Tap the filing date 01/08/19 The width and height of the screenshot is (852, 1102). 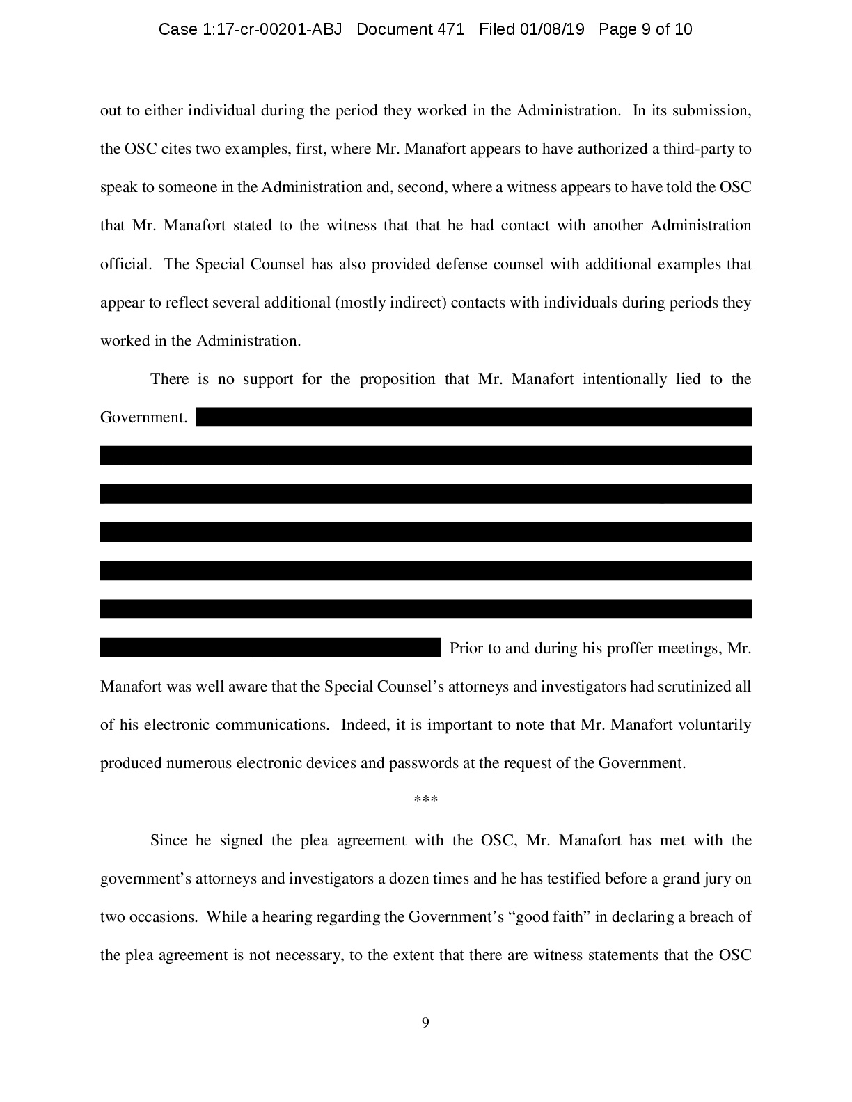[x=552, y=29]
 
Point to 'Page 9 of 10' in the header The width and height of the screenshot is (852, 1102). [x=645, y=29]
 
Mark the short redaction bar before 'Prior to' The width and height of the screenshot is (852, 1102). [x=270, y=647]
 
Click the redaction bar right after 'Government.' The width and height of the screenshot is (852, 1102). [x=473, y=417]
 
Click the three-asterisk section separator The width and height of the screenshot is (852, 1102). [x=425, y=801]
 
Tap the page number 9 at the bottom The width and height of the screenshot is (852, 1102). [x=425, y=1023]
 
